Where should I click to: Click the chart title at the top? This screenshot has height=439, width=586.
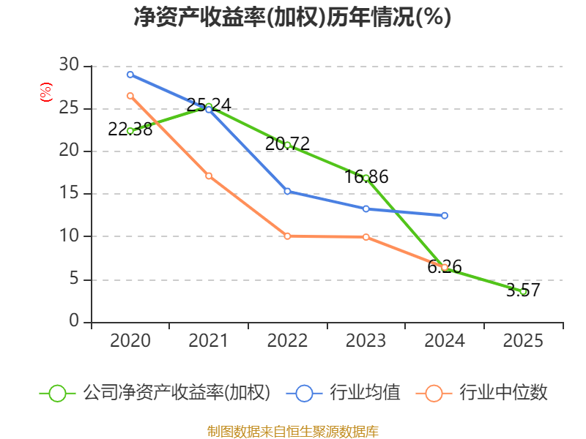pyautogui.click(x=292, y=18)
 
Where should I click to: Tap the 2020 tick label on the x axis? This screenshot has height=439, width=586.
pyautogui.click(x=130, y=341)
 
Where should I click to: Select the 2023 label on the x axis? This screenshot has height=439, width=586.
pyautogui.click(x=366, y=341)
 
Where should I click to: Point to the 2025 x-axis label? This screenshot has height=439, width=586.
pyautogui.click(x=523, y=341)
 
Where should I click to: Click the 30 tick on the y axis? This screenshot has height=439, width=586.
pyautogui.click(x=69, y=66)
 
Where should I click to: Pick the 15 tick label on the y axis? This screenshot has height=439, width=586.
pyautogui.click(x=69, y=194)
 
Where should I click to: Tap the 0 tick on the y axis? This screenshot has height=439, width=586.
pyautogui.click(x=74, y=321)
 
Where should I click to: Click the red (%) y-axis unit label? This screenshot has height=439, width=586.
pyautogui.click(x=46, y=93)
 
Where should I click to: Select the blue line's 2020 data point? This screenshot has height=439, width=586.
pyautogui.click(x=130, y=75)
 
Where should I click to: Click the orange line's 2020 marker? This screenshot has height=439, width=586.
pyautogui.click(x=130, y=96)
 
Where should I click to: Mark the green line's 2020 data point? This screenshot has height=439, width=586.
pyautogui.click(x=130, y=131)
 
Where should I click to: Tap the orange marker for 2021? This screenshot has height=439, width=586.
pyautogui.click(x=209, y=176)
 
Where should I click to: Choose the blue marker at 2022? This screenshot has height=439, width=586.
pyautogui.click(x=287, y=192)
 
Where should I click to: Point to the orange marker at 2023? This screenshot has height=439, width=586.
pyautogui.click(x=366, y=237)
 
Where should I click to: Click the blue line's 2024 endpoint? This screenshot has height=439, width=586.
pyautogui.click(x=445, y=216)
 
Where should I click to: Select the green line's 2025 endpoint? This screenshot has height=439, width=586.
pyautogui.click(x=523, y=291)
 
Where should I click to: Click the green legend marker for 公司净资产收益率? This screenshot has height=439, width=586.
pyautogui.click(x=57, y=393)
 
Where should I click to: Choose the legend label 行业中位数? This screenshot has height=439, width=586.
pyautogui.click(x=503, y=393)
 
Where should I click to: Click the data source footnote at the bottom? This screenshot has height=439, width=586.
pyautogui.click(x=292, y=431)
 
